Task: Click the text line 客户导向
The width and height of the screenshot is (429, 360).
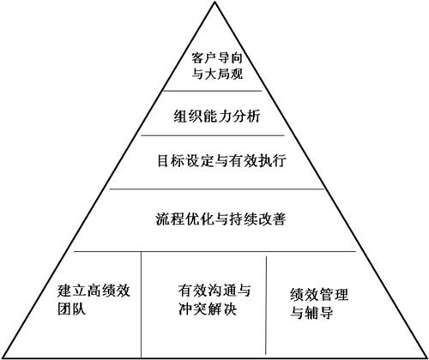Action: point(217,57)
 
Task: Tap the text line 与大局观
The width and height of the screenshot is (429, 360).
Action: point(217,74)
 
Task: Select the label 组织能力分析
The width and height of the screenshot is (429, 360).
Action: point(217,117)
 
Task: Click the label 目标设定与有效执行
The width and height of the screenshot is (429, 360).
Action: point(221,160)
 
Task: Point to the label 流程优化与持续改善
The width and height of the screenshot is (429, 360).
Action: point(221,219)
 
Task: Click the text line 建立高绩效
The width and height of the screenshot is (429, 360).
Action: point(94,291)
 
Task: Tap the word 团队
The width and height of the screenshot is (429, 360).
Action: point(71,309)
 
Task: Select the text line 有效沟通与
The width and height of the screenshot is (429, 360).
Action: point(214,291)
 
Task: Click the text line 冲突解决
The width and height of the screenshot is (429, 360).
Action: point(208,309)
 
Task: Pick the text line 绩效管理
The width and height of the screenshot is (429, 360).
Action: point(319,295)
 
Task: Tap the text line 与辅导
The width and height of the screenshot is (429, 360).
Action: point(311,312)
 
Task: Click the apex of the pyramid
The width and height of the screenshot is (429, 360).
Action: point(214,2)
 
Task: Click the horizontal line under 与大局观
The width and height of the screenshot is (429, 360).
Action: point(212,91)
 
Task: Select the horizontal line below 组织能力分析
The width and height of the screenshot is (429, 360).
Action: point(213,135)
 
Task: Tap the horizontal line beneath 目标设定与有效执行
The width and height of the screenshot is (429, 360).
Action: point(217,189)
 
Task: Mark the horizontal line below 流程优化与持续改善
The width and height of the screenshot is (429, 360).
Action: point(214,252)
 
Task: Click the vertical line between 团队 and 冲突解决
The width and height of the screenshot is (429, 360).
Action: point(141,304)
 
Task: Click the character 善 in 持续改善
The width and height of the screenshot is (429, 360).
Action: point(279,219)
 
